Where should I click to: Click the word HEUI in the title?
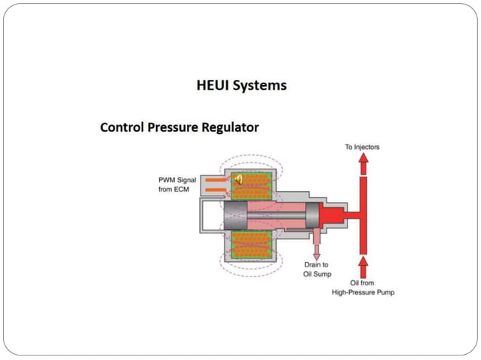213,85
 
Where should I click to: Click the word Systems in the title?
259,85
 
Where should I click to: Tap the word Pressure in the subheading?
176,127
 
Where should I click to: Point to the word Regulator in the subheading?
231,127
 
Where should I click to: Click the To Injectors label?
362,147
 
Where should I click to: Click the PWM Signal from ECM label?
176,185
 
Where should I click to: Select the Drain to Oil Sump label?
317,270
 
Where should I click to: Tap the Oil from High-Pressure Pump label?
363,287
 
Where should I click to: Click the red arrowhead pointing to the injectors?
363,160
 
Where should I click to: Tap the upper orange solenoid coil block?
251,188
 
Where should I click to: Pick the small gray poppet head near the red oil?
311,215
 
